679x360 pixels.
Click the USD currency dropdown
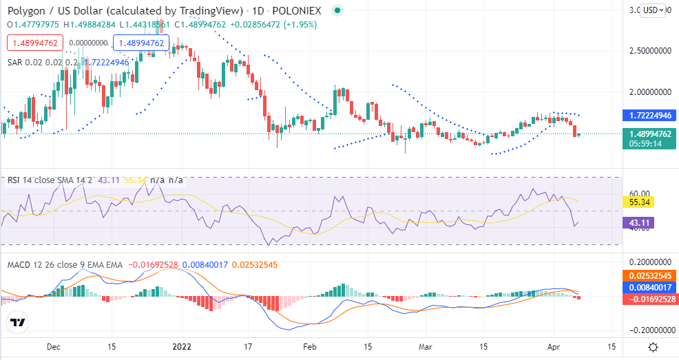pyautogui.click(x=653, y=10)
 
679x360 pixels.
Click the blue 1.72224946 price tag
pyautogui.click(x=651, y=115)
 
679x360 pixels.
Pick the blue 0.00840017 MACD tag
pyautogui.click(x=651, y=287)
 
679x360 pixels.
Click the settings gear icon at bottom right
pyautogui.click(x=653, y=348)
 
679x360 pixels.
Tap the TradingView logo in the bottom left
pyautogui.click(x=19, y=322)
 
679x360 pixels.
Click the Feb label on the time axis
pyautogui.click(x=311, y=348)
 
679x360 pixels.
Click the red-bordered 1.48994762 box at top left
pyautogui.click(x=34, y=43)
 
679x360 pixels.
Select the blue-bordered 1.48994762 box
pyautogui.click(x=140, y=43)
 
